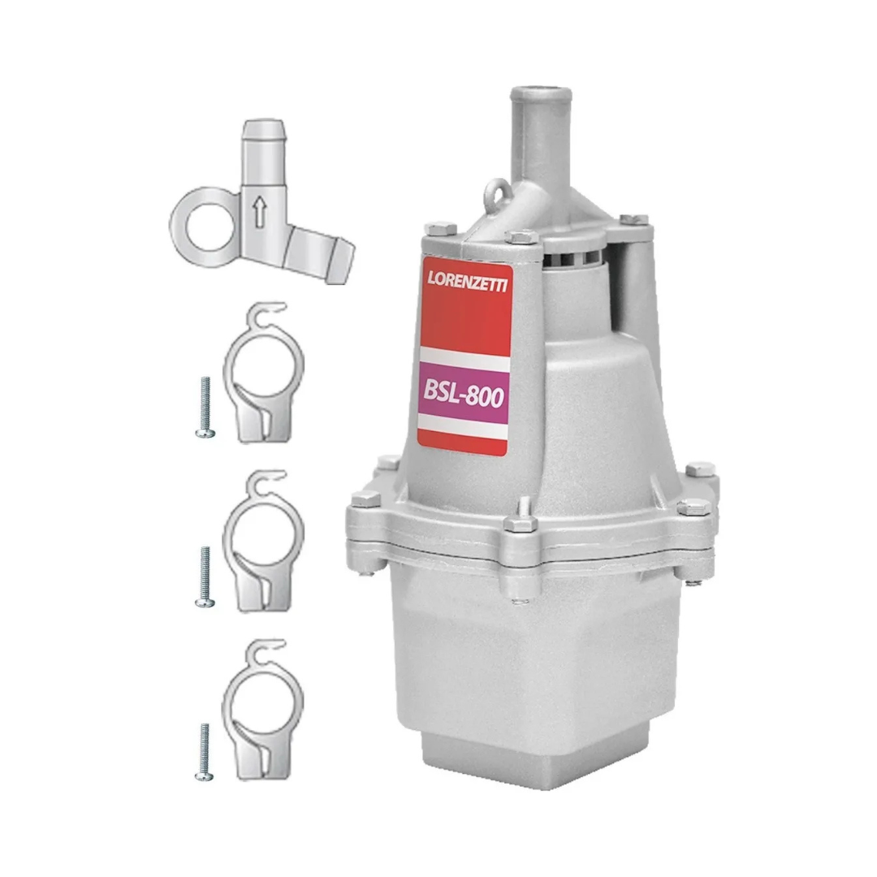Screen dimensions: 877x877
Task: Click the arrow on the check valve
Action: (258, 214)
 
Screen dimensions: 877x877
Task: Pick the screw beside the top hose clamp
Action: (205, 407)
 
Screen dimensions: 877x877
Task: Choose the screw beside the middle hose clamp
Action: (205, 577)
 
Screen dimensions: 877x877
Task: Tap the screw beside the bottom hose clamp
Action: (205, 752)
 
